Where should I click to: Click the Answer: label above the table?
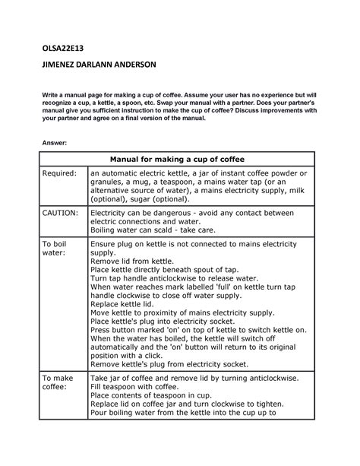click(x=54, y=141)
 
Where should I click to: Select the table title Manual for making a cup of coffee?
click(x=179, y=159)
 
